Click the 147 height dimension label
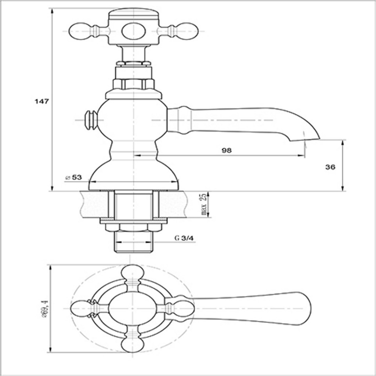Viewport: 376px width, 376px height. (41, 102)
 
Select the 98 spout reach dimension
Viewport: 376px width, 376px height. (227, 150)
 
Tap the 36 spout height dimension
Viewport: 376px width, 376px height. (330, 167)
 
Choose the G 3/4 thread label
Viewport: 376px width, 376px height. (184, 238)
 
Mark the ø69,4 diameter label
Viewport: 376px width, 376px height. (46, 308)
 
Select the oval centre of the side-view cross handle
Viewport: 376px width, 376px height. (133, 31)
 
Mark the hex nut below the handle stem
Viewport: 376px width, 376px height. (134, 84)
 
